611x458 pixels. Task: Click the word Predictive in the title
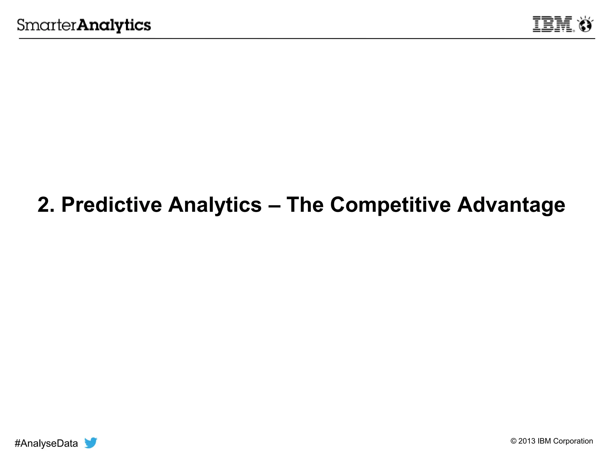click(x=112, y=205)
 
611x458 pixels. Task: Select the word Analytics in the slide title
click(x=215, y=205)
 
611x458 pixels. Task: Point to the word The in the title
click(x=305, y=205)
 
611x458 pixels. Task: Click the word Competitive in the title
click(x=390, y=205)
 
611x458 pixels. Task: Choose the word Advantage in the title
click(x=511, y=205)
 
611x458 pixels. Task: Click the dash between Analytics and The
click(x=274, y=205)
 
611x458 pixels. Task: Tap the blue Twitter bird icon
click(x=91, y=442)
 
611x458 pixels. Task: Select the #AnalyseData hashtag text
click(x=46, y=443)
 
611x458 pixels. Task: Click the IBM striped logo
click(x=553, y=24)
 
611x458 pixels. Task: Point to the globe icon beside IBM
click(x=585, y=25)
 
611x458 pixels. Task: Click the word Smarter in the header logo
click(x=47, y=25)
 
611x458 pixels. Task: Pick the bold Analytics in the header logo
click(x=114, y=25)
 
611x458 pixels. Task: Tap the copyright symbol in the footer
click(x=513, y=441)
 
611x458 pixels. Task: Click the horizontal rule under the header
click(x=307, y=38)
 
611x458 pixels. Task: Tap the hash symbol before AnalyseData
click(x=17, y=443)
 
